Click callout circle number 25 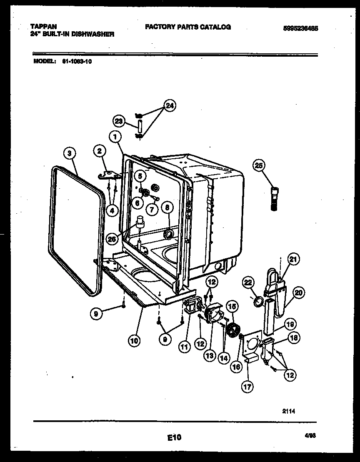coord(259,166)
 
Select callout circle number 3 coord(70,153)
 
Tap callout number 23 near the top coord(119,121)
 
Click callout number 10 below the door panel coord(134,340)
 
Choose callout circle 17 coord(247,387)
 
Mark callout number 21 coord(294,260)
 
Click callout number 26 coord(111,239)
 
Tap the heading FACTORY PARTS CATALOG coord(187,27)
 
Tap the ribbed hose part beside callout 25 coord(275,200)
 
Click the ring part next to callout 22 coord(259,301)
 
